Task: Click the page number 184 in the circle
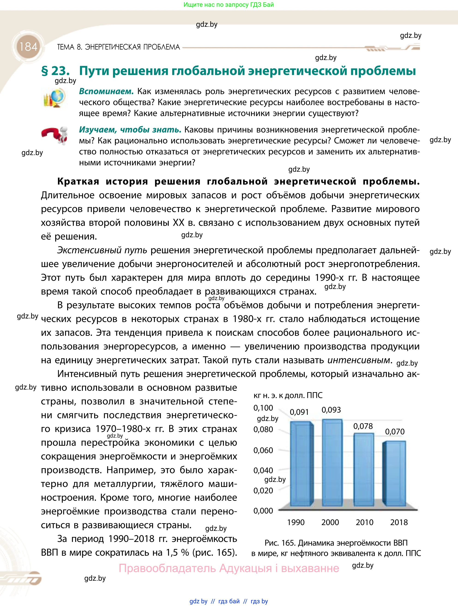coord(28,47)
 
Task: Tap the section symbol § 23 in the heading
coord(55,71)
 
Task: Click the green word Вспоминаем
coord(106,91)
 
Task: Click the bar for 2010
coord(364,469)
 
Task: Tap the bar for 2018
coord(395,473)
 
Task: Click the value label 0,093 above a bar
coord(331,410)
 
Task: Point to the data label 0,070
coord(395,431)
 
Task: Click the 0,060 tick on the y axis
coord(263,450)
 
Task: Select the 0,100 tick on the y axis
coord(263,408)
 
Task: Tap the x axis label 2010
coord(365,522)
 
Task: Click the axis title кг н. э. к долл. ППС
coord(288,395)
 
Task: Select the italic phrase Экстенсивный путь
coord(102,250)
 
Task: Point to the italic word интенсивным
coord(358,360)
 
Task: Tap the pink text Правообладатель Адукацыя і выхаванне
coord(229,568)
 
